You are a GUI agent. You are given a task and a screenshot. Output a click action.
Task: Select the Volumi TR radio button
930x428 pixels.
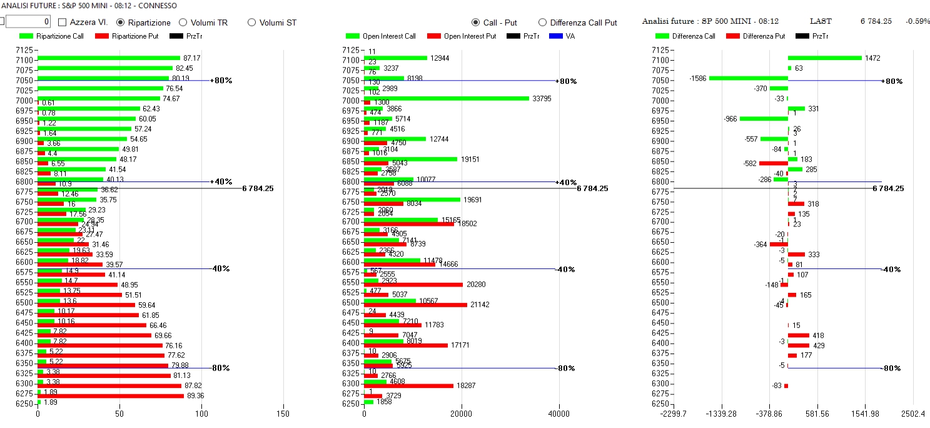tap(183, 23)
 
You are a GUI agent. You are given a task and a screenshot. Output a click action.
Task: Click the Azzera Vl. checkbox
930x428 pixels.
tap(62, 23)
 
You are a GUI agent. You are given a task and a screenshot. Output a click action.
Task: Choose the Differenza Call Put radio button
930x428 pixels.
tap(542, 23)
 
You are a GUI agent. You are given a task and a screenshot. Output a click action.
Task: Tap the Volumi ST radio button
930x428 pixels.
tap(252, 23)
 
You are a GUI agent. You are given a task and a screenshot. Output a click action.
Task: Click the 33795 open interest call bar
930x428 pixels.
tap(446, 98)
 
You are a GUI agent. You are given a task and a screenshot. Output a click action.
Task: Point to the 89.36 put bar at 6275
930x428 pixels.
tap(111, 395)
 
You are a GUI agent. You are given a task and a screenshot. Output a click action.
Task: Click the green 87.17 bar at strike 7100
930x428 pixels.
tap(109, 58)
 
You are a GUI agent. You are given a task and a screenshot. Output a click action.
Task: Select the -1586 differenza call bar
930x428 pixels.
tap(748, 78)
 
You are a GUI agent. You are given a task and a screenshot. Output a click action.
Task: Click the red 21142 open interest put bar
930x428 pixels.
tap(415, 305)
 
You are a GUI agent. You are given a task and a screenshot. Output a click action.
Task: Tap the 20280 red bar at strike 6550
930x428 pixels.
tap(413, 285)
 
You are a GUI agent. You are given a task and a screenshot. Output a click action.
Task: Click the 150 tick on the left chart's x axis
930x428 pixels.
tap(283, 414)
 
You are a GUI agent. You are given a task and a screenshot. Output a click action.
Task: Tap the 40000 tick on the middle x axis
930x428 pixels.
tap(559, 414)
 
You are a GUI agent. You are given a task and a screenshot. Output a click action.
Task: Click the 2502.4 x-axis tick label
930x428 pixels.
tap(913, 414)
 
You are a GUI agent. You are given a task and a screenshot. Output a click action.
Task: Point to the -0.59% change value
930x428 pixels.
tap(917, 21)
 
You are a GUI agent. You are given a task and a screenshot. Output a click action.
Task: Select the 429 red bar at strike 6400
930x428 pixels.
tap(798, 345)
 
